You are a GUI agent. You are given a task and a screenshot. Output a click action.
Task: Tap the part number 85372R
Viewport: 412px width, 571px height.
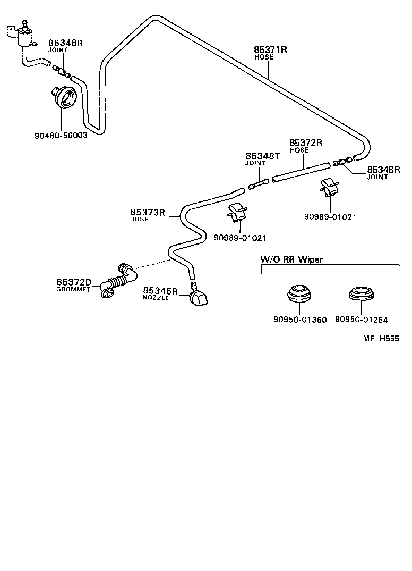point(306,143)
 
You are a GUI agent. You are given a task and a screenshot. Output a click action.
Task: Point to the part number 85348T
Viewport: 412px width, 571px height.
point(262,156)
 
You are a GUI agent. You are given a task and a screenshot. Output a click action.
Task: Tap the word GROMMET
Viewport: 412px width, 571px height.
point(74,289)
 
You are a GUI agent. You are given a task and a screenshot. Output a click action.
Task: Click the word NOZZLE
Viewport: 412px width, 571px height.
point(156,298)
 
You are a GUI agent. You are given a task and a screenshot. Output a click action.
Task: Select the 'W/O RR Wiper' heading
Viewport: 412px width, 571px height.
point(291,259)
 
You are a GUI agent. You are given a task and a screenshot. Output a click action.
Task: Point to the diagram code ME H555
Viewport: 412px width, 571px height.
point(381,339)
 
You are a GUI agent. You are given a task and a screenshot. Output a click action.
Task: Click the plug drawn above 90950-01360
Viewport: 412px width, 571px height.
point(300,294)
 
